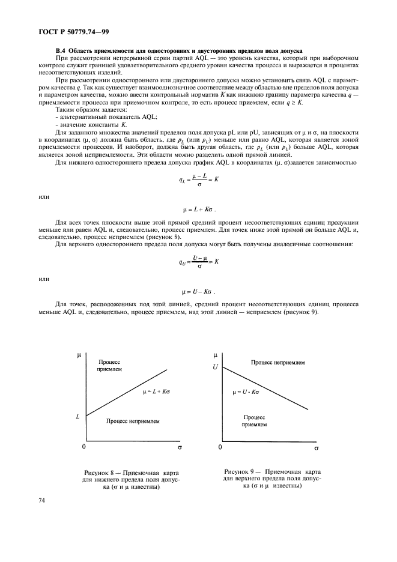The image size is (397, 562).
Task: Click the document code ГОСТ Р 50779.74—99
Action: pyautogui.click(x=70, y=30)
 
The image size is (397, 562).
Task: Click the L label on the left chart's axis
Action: pyautogui.click(x=78, y=415)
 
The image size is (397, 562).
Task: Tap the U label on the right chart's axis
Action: pyautogui.click(x=215, y=366)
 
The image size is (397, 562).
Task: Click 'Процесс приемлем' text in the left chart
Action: pyautogui.click(x=109, y=367)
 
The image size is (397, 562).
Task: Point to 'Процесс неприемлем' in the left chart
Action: pyautogui.click(x=133, y=421)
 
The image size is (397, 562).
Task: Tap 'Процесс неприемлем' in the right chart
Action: pyautogui.click(x=277, y=363)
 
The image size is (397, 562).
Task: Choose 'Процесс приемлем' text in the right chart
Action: pyautogui.click(x=254, y=420)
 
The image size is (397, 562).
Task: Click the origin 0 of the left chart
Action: pyautogui.click(x=84, y=447)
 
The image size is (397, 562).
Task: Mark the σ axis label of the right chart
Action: pyautogui.click(x=316, y=448)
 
